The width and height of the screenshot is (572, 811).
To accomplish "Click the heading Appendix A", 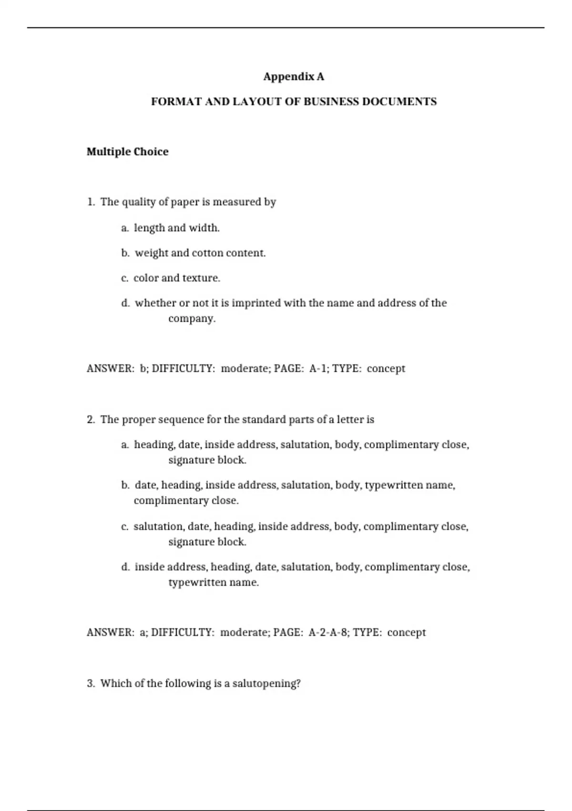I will [x=294, y=77].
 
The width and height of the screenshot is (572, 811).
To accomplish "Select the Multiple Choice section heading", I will [x=127, y=152].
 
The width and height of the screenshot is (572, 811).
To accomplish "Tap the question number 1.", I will [x=91, y=202].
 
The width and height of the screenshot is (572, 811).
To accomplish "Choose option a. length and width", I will [x=171, y=228].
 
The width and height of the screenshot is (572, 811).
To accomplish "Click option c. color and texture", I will [x=171, y=278].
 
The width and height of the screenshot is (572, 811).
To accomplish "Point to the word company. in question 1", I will [x=192, y=319].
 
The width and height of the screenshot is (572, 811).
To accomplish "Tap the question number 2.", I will [x=91, y=420].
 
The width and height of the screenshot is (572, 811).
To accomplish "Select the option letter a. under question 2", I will [x=125, y=445].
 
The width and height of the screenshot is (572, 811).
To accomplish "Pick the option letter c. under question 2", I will [x=125, y=527].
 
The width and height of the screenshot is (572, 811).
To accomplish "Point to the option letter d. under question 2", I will [x=125, y=567].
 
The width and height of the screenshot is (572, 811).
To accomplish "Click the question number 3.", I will [x=91, y=684].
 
